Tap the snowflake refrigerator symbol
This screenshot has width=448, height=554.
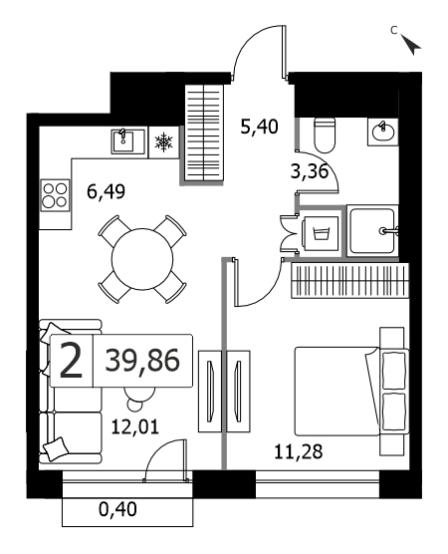point(164,142)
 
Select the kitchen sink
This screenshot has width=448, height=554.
point(128,141)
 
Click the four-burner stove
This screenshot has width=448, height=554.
point(55,195)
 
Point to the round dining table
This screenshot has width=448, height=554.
point(142,259)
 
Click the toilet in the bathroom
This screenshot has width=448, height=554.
point(325,136)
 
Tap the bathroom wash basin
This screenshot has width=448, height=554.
point(382,133)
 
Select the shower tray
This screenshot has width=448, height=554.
point(372,231)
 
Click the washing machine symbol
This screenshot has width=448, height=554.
point(321,233)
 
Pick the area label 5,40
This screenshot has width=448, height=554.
point(259,127)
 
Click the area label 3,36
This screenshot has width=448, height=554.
point(310,172)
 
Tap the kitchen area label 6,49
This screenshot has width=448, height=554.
point(107,192)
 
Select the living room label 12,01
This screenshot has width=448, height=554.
point(135,426)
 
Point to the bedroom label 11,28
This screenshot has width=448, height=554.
point(299,451)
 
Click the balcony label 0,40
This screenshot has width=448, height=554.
point(117,510)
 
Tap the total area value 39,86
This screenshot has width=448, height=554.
point(142,361)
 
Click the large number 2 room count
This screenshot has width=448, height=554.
point(71,361)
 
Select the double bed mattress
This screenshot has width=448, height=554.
point(337,392)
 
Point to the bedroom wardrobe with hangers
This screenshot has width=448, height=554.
point(350,281)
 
